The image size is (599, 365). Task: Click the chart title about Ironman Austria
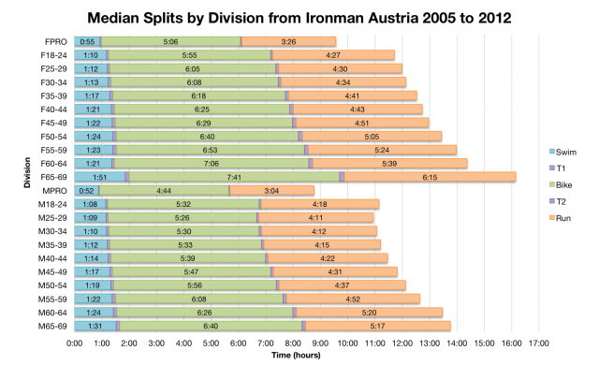(299, 16)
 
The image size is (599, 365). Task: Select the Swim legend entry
(562, 151)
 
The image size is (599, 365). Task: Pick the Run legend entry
(562, 217)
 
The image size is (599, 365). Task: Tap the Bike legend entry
(562, 184)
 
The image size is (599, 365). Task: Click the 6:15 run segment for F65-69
(430, 176)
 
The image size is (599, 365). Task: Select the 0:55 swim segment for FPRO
(87, 41)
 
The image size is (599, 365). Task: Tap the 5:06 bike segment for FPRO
(170, 41)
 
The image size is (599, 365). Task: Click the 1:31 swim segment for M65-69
(95, 325)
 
